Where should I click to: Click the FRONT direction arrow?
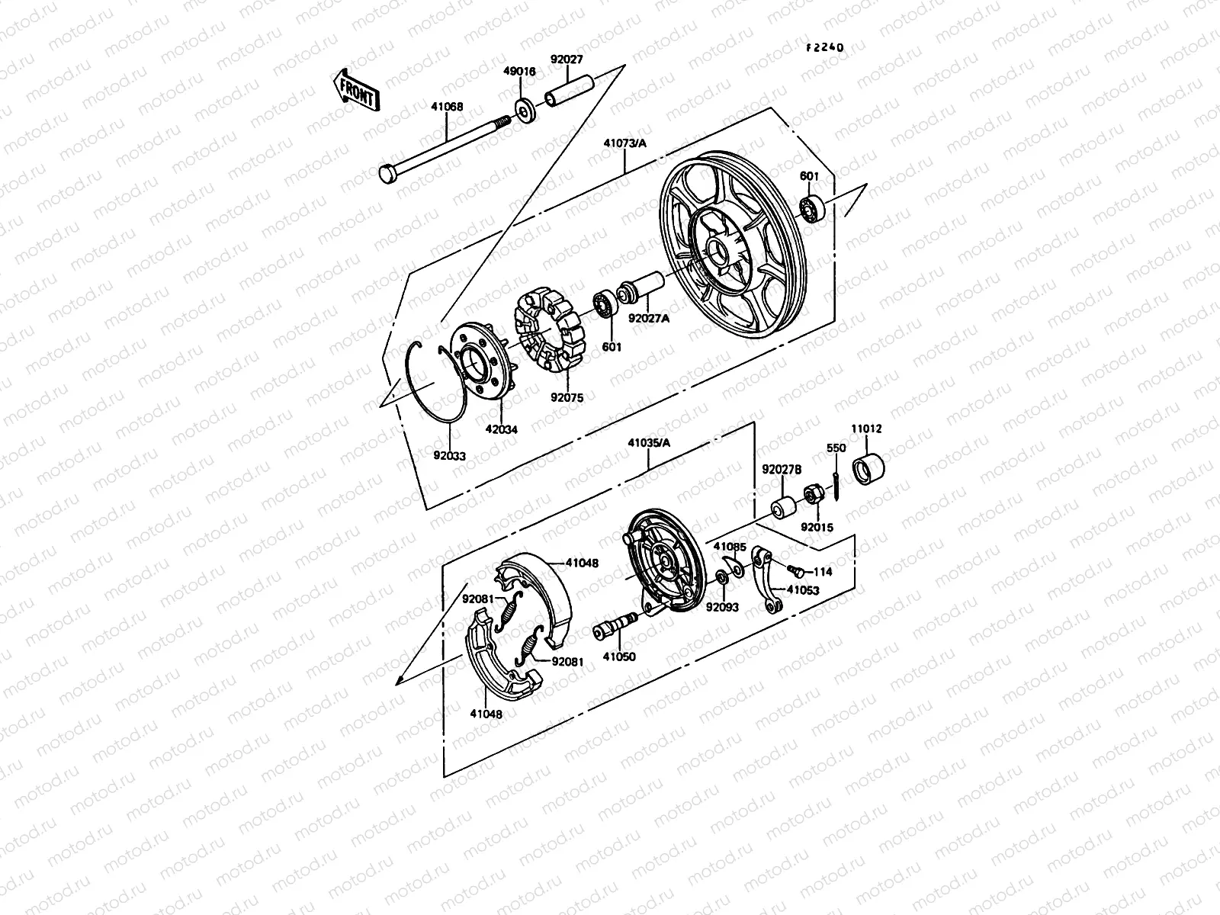pyautogui.click(x=355, y=90)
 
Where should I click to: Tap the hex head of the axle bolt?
pyautogui.click(x=386, y=175)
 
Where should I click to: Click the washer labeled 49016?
pyautogui.click(x=525, y=110)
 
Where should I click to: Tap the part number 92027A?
pyautogui.click(x=648, y=319)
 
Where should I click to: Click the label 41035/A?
pyautogui.click(x=649, y=441)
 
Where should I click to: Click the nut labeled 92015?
pyautogui.click(x=814, y=493)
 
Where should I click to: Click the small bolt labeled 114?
pyautogui.click(x=796, y=569)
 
